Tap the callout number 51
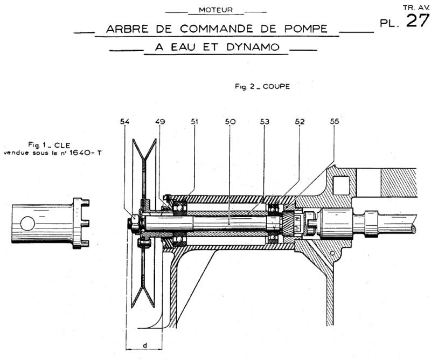pyautogui.click(x=194, y=122)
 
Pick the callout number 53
pyautogui.click(x=265, y=122)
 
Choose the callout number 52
pyautogui.click(x=300, y=122)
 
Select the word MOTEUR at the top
pyautogui.click(x=215, y=9)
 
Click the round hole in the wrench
pyautogui.click(x=27, y=222)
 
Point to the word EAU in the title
pyautogui.click(x=183, y=47)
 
